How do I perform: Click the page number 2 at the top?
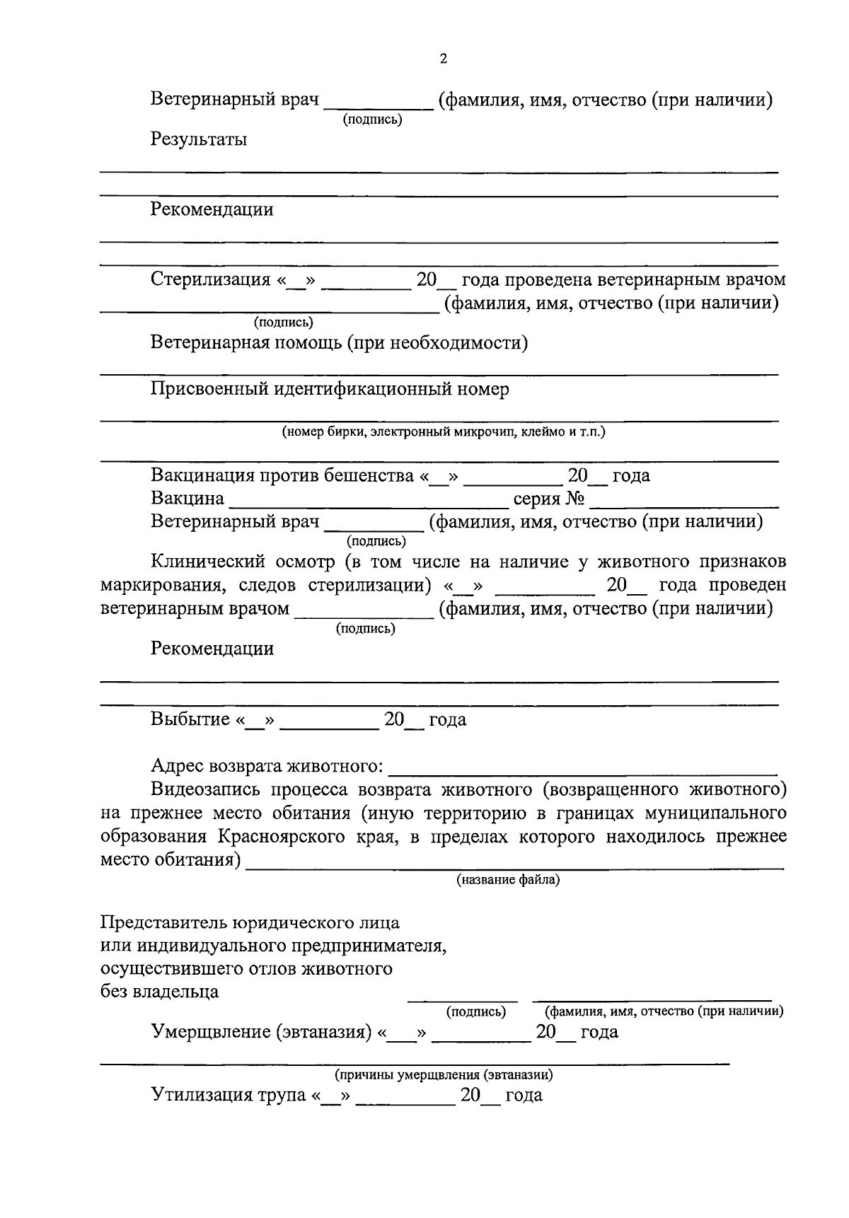(x=443, y=59)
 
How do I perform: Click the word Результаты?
(x=199, y=139)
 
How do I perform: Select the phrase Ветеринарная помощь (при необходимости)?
(x=339, y=343)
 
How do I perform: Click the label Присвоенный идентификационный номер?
(x=329, y=389)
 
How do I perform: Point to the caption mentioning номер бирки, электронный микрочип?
(x=443, y=431)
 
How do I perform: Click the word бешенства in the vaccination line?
(x=369, y=476)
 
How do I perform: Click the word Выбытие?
(x=190, y=720)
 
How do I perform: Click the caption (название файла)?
(x=507, y=880)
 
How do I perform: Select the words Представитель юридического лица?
(x=250, y=923)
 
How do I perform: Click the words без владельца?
(x=159, y=992)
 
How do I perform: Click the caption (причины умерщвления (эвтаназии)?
(x=444, y=1075)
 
